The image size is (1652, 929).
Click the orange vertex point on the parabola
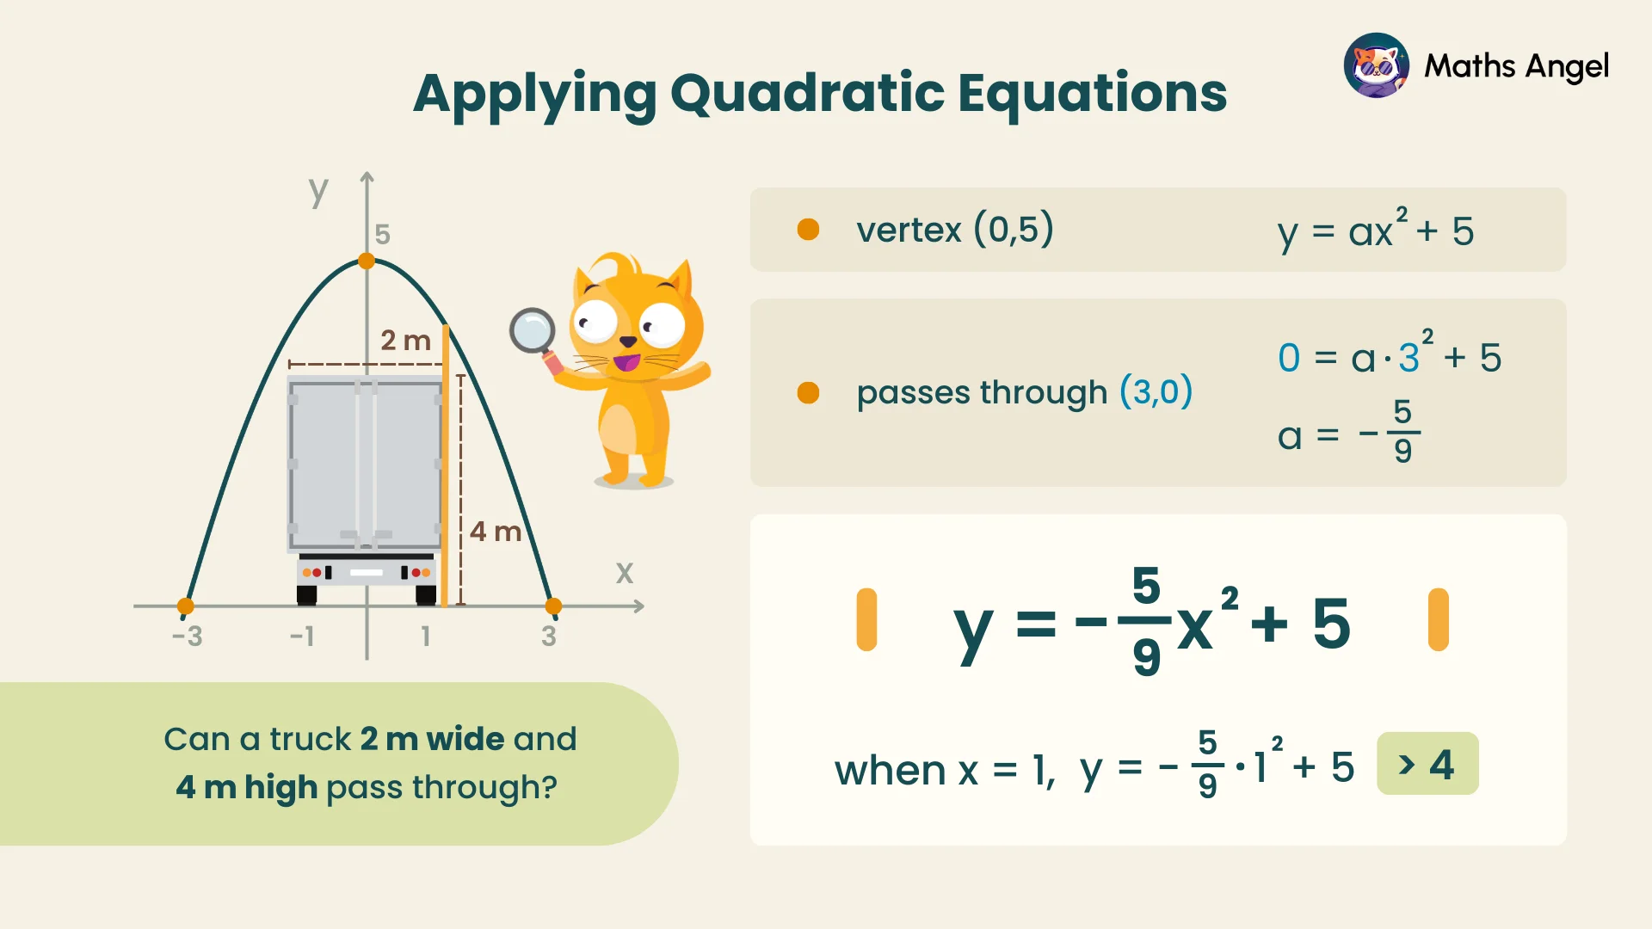pyautogui.click(x=367, y=261)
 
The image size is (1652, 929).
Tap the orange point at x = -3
pyautogui.click(x=185, y=606)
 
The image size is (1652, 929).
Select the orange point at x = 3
pyautogui.click(x=553, y=606)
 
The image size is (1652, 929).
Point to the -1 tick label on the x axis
pyautogui.click(x=302, y=637)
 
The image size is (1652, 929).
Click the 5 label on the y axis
pyautogui.click(x=383, y=234)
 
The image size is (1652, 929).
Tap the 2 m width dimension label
pyautogui.click(x=405, y=341)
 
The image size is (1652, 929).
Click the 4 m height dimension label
pyautogui.click(x=496, y=532)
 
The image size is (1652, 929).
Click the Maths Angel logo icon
pyautogui.click(x=1377, y=65)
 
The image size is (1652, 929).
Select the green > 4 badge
pyautogui.click(x=1427, y=764)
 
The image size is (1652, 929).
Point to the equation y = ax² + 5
pyautogui.click(x=1376, y=231)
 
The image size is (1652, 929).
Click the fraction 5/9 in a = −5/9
pyautogui.click(x=1402, y=431)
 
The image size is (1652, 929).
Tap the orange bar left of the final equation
pyautogui.click(x=866, y=619)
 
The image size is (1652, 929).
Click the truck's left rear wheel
pyautogui.click(x=307, y=594)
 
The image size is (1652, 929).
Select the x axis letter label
pyautogui.click(x=625, y=573)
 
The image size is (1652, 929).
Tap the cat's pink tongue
pyautogui.click(x=626, y=362)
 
